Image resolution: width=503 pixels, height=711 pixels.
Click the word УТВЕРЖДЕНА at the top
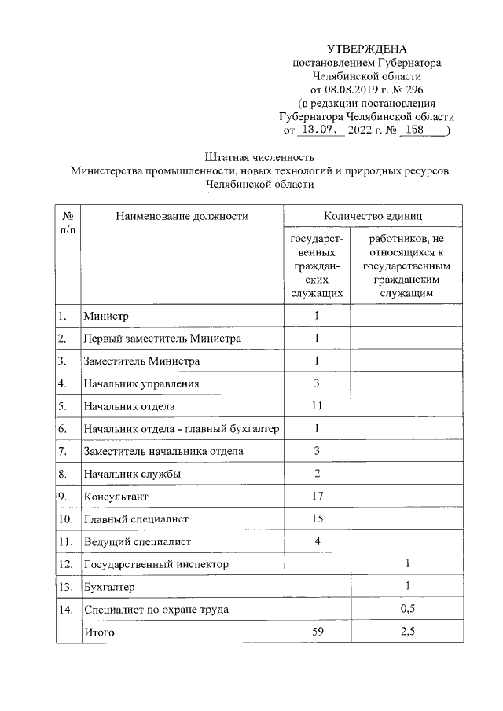click(367, 49)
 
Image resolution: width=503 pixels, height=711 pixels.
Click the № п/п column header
click(68, 222)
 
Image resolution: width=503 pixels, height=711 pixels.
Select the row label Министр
click(105, 316)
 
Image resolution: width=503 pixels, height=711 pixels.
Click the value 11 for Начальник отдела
click(318, 406)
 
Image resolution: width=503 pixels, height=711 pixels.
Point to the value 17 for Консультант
click(318, 497)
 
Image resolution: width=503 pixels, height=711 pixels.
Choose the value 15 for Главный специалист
click(318, 519)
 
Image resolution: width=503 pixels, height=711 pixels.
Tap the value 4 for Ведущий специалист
click(318, 541)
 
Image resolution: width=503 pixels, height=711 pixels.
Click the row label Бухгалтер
click(109, 587)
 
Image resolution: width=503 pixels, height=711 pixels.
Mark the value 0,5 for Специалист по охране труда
click(407, 609)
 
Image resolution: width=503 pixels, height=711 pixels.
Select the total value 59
click(318, 632)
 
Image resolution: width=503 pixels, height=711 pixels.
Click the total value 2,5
click(407, 632)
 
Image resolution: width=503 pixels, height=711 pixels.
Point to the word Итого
click(100, 632)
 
